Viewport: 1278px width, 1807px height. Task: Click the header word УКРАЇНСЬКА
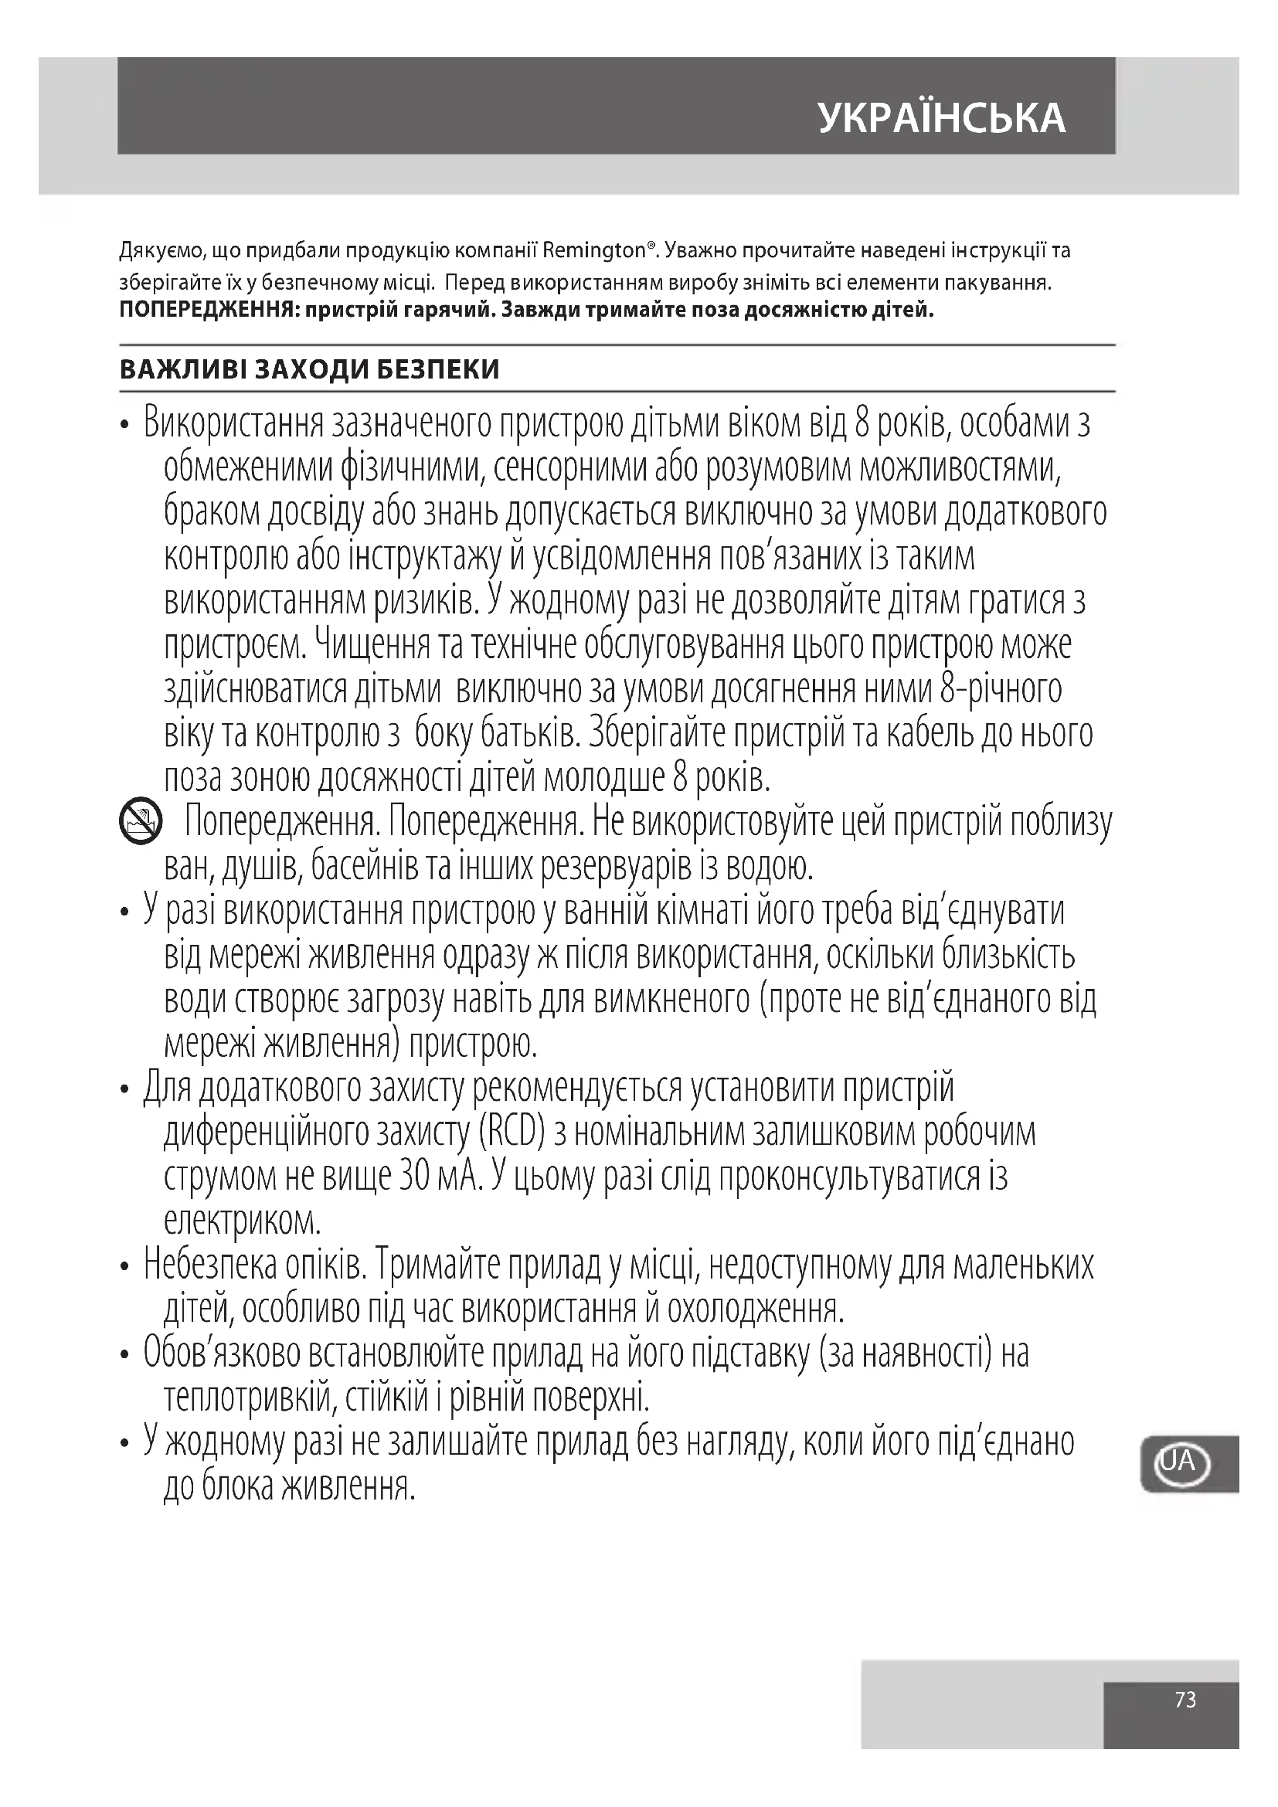[941, 118]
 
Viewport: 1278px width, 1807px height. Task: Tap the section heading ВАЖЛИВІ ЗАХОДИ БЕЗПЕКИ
[309, 370]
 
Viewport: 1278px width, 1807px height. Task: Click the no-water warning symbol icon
[139, 823]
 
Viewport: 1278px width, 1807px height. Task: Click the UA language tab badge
[1181, 1462]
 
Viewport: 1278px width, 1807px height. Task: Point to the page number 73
[1185, 1699]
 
